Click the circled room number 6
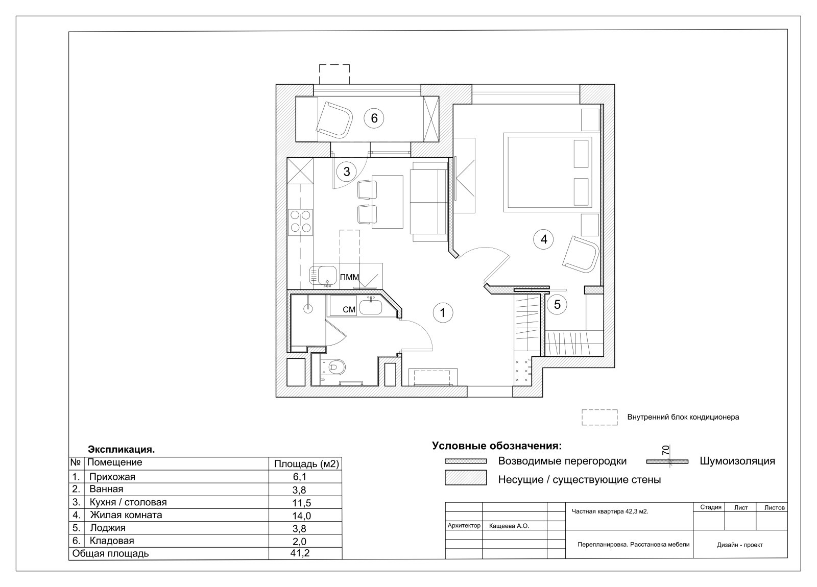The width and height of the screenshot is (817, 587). point(374,118)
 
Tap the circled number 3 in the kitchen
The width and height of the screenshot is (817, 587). point(347,172)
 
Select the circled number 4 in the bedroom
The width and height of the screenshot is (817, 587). point(543,239)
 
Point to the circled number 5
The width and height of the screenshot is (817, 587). point(557,304)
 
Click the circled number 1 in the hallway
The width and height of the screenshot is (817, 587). point(443,313)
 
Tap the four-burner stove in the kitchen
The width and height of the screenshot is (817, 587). point(301,223)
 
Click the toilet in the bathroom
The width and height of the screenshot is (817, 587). point(333,367)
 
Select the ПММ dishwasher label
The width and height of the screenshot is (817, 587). point(349,277)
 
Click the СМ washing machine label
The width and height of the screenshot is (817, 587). point(349,309)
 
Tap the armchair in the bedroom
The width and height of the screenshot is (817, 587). point(581,255)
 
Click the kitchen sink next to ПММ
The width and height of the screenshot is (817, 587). point(323,276)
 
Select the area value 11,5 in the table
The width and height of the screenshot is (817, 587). point(301,503)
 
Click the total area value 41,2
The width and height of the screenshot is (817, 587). point(300,553)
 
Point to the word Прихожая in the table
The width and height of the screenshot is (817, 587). point(112,477)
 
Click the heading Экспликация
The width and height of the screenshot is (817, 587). point(122,450)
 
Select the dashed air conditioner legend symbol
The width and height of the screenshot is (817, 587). point(599,418)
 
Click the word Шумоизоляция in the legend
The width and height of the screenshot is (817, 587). point(737,461)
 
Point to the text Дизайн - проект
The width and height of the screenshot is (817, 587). point(740,545)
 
